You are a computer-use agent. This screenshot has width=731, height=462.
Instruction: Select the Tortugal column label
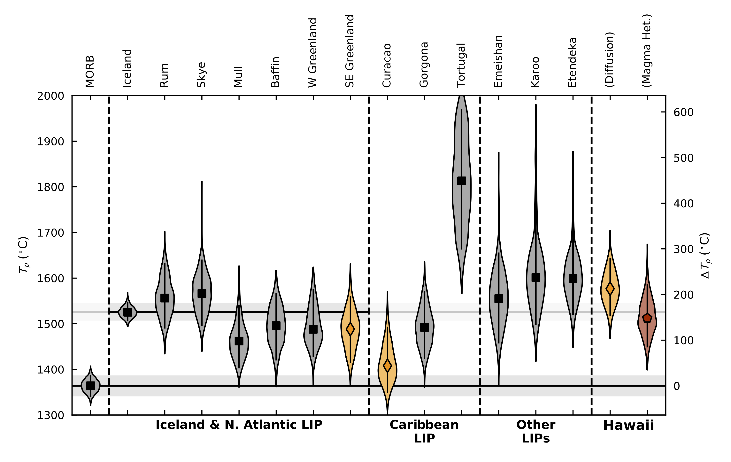pos(461,65)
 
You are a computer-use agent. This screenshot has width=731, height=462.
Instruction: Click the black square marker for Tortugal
pos(461,181)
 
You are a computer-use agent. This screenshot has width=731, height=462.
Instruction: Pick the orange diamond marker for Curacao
pos(387,366)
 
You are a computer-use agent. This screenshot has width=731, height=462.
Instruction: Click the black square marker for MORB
pos(90,386)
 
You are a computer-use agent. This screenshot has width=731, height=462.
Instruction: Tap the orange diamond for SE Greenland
pos(350,329)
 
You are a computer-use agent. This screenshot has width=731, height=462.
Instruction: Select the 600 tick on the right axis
pos(683,112)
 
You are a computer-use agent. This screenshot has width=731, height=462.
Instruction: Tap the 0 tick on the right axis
pos(677,386)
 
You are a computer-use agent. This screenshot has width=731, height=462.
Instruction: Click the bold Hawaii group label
pos(628,425)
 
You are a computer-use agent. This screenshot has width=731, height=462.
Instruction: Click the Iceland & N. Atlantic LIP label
pos(239,425)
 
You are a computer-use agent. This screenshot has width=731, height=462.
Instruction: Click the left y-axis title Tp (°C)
pos(24,255)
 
